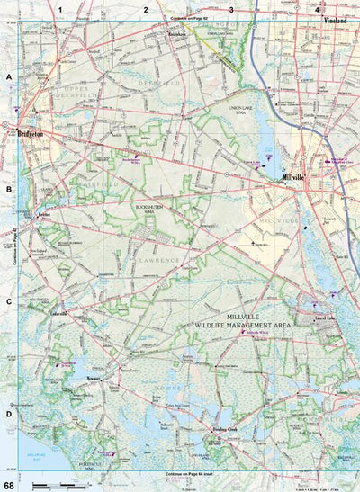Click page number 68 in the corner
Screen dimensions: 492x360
8,485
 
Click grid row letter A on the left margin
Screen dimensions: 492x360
9,77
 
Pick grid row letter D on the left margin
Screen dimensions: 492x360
9,415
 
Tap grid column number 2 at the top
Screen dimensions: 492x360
146,8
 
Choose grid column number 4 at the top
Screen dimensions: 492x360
317,8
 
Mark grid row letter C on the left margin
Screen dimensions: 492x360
9,302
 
